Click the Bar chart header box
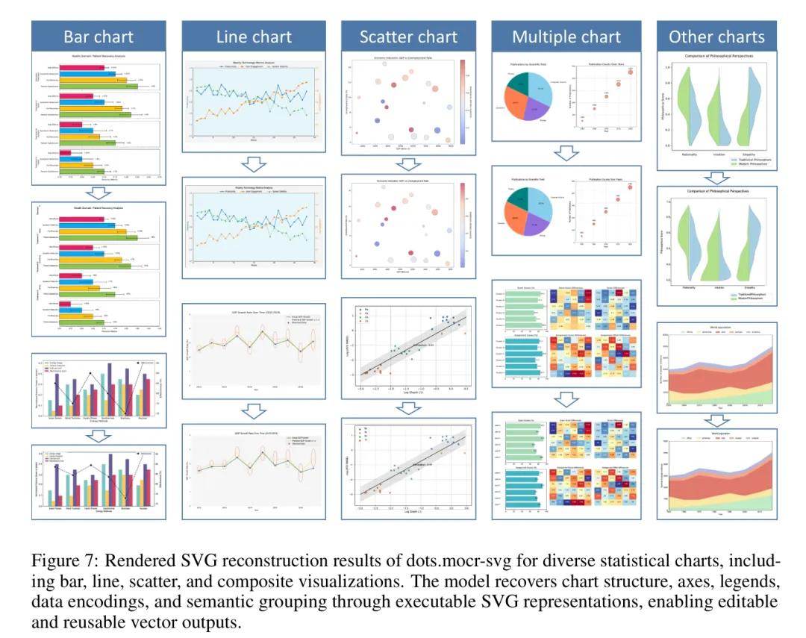click(99, 37)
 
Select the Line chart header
click(254, 37)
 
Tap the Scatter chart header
click(407, 37)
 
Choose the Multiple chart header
click(566, 37)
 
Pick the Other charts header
click(716, 37)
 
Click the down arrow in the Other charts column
click(716, 177)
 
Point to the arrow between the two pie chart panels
click(566, 152)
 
